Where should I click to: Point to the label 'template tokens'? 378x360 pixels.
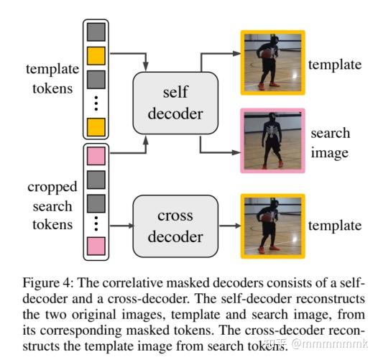click(x=50, y=78)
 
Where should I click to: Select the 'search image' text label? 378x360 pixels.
click(x=330, y=142)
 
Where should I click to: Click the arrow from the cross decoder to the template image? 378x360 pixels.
click(x=221, y=226)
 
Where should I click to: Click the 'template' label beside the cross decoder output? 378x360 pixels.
click(x=334, y=226)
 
